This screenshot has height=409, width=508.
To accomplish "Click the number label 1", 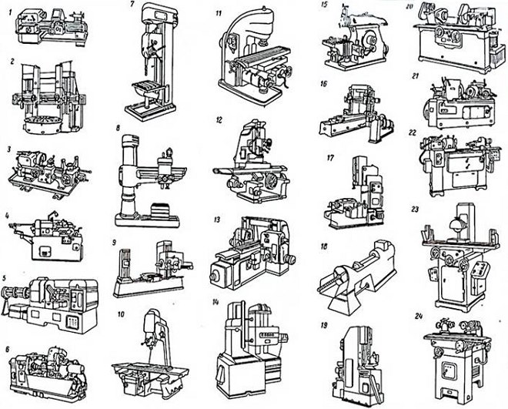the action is [11, 13].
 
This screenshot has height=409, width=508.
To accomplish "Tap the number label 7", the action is [132, 5].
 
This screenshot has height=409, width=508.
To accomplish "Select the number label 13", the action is [217, 220].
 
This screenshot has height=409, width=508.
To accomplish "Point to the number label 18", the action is [323, 246].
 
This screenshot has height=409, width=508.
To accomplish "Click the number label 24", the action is [419, 316].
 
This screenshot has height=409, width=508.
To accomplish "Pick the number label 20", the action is [411, 5].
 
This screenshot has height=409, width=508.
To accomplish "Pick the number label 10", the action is [121, 314].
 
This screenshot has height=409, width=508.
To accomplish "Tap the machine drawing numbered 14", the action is [252, 350].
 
